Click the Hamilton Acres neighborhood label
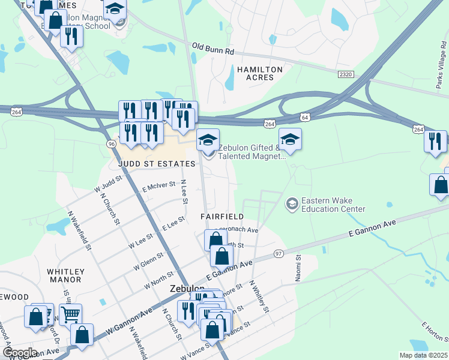[x=259, y=74]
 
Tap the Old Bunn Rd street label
[x=212, y=49]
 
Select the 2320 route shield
[x=346, y=74]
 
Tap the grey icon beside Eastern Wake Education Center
[x=292, y=204]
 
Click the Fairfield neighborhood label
[x=222, y=216]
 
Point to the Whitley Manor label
[x=65, y=275]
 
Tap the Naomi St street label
[x=298, y=265]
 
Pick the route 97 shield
[x=278, y=254]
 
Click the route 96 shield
[x=111, y=144]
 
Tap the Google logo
[x=19, y=353]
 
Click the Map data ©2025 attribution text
[x=423, y=355]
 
